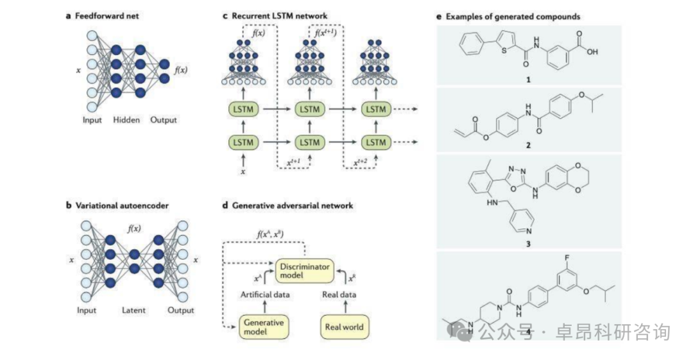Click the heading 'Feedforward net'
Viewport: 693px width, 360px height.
click(106, 15)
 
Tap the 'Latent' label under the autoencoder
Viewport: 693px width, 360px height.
click(134, 310)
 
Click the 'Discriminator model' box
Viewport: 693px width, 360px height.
click(306, 270)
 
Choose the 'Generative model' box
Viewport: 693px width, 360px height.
click(263, 326)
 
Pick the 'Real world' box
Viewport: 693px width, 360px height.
click(344, 327)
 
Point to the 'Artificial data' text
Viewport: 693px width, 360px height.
click(264, 295)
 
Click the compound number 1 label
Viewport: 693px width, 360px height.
click(527, 80)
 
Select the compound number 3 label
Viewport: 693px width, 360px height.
click(527, 244)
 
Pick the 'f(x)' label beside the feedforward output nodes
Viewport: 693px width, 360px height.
click(182, 69)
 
